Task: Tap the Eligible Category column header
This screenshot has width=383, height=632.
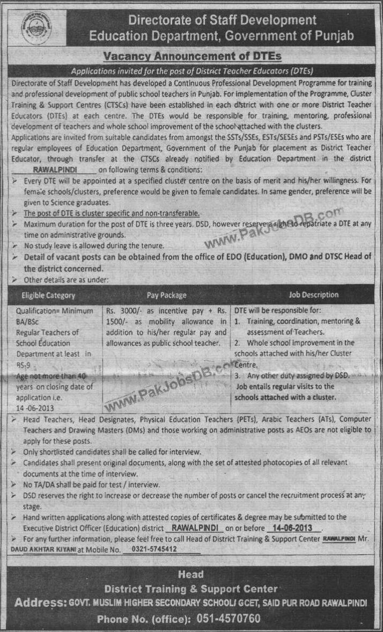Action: (48, 295)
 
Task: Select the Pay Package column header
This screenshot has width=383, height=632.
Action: (167, 295)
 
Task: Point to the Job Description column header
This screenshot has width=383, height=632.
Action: (314, 295)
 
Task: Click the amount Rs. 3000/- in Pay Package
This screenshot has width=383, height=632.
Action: (123, 311)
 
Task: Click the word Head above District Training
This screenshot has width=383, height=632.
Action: (191, 574)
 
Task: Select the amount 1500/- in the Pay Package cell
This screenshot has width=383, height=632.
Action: (114, 321)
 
